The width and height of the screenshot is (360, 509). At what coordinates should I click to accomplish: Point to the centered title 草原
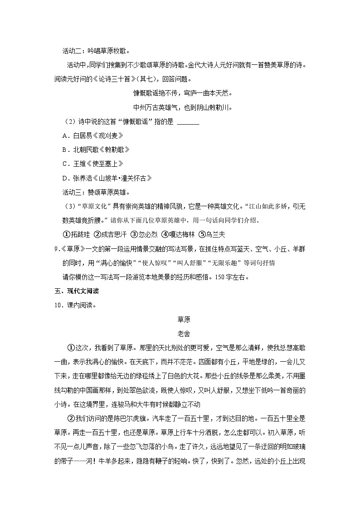tap(184, 319)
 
